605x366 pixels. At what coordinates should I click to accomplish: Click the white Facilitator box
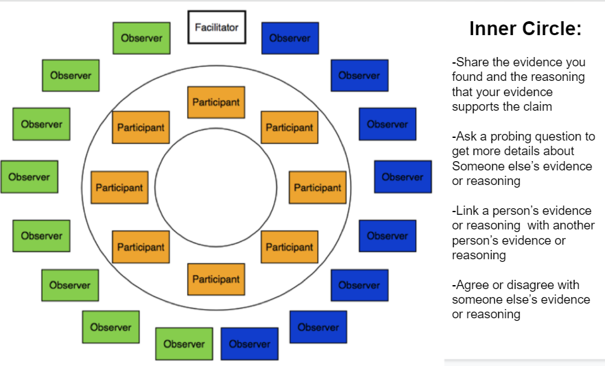216,27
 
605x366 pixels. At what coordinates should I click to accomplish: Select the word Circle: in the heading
553,29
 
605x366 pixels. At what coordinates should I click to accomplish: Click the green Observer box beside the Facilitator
141,38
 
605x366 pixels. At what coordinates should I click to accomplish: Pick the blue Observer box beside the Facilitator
290,38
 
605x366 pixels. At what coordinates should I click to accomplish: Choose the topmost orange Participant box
216,102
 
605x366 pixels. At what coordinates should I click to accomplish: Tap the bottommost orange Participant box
216,279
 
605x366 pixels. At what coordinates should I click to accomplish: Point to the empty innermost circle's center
216,190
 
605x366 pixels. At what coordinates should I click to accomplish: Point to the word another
572,225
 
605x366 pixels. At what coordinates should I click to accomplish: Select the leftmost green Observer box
29,177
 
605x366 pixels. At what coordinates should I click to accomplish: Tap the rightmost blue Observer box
402,177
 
